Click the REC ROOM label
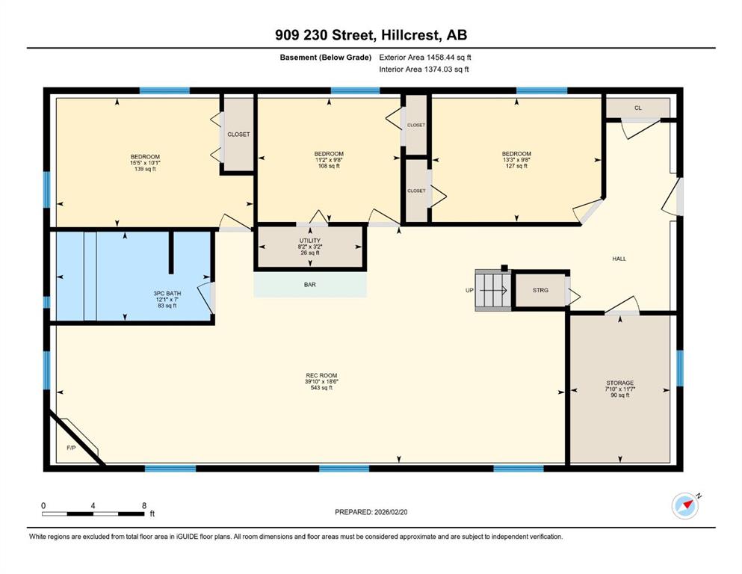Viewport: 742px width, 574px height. click(x=321, y=376)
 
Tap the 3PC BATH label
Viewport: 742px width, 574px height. click(x=167, y=294)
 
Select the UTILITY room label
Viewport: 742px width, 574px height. click(x=310, y=241)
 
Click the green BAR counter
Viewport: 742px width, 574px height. click(x=310, y=285)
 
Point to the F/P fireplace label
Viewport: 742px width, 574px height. click(x=71, y=447)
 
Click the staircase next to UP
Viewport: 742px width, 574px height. click(x=492, y=290)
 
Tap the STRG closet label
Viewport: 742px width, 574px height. click(x=540, y=290)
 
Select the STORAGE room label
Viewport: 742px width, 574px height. click(x=620, y=383)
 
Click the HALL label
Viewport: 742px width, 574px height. click(x=619, y=259)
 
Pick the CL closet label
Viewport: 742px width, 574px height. click(x=638, y=108)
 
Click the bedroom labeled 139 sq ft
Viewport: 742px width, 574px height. click(x=145, y=162)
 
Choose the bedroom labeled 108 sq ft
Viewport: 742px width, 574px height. click(x=329, y=159)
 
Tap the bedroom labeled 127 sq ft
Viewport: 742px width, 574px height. click(x=517, y=159)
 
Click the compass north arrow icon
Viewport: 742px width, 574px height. click(x=686, y=505)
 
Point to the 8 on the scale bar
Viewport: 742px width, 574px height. click(x=144, y=505)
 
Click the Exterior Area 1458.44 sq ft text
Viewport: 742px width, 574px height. click(x=425, y=58)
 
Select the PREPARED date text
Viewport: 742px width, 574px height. click(x=371, y=512)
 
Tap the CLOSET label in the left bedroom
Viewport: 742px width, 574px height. click(x=238, y=135)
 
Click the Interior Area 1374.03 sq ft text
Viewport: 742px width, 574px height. click(x=424, y=69)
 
